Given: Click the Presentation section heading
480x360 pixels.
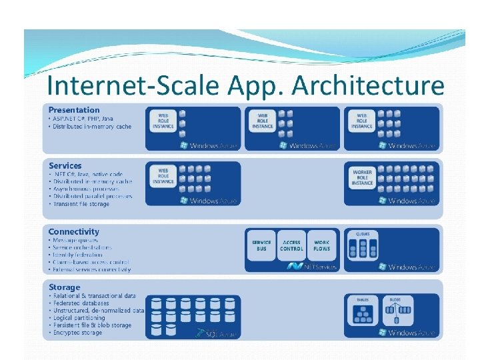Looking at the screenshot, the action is click(x=74, y=110).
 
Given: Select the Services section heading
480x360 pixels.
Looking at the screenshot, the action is click(x=65, y=165).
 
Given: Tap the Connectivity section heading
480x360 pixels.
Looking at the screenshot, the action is click(x=74, y=231).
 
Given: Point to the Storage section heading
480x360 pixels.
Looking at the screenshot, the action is click(x=64, y=287).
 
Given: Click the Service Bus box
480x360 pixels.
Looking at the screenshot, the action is click(x=261, y=245).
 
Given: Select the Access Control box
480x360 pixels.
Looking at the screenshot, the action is click(x=292, y=245).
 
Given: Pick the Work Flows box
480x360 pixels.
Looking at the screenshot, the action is click(x=321, y=245).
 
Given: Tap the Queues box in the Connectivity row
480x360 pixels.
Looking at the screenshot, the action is click(x=363, y=245).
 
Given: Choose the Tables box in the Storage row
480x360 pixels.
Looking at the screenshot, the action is click(x=363, y=310).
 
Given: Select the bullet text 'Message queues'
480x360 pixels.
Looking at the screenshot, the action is click(x=75, y=241).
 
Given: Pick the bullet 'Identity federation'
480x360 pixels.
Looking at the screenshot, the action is click(x=78, y=255).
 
